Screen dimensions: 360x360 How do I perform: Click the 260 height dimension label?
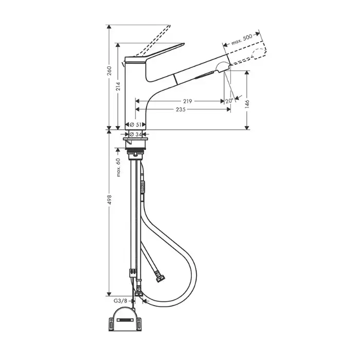tap(110, 71)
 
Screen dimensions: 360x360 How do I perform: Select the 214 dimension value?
tap(118, 86)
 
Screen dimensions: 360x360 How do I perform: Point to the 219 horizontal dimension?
tap(188, 101)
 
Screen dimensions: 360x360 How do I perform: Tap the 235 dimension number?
tap(181, 110)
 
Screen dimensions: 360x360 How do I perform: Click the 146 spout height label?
tap(247, 104)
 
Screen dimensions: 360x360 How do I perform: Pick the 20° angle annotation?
tap(229, 101)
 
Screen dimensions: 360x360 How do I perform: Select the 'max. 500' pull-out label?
tap(242, 39)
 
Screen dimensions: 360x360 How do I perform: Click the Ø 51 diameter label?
tap(135, 124)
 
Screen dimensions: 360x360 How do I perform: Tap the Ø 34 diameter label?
tap(135, 134)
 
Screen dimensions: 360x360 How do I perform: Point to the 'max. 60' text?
tap(118, 168)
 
